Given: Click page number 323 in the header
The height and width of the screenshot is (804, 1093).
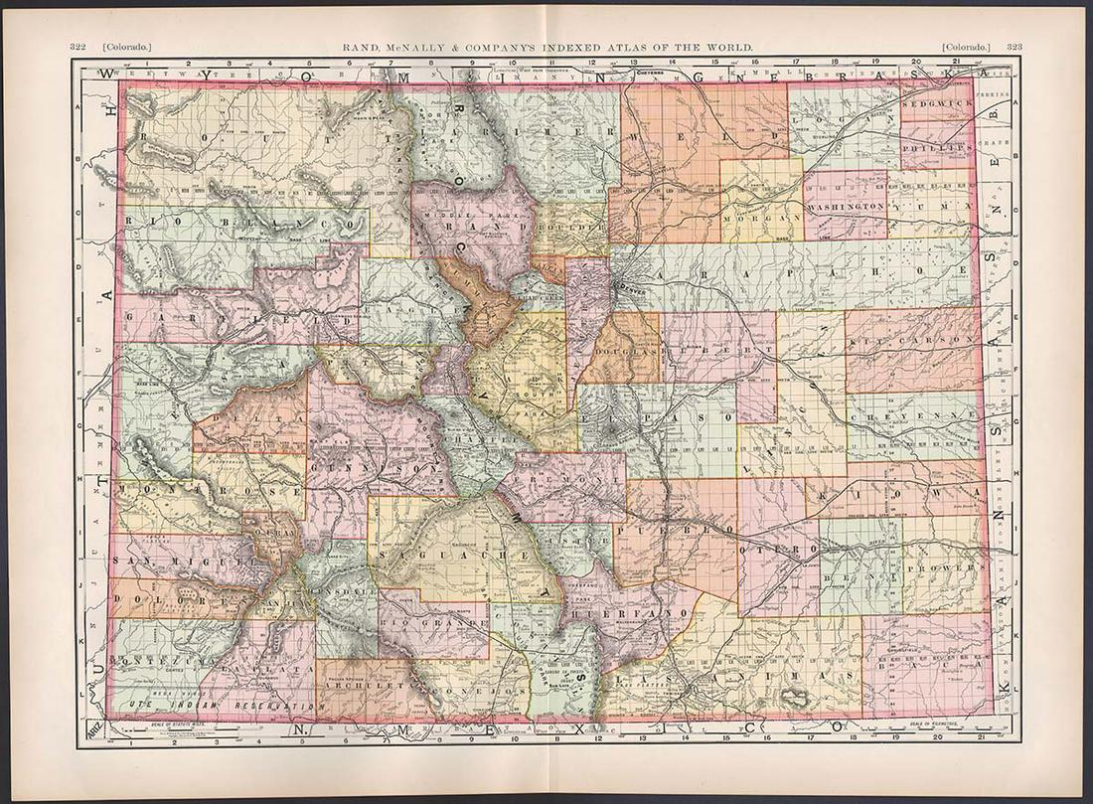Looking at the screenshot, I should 1015,47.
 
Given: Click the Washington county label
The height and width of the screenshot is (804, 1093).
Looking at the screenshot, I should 846,205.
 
